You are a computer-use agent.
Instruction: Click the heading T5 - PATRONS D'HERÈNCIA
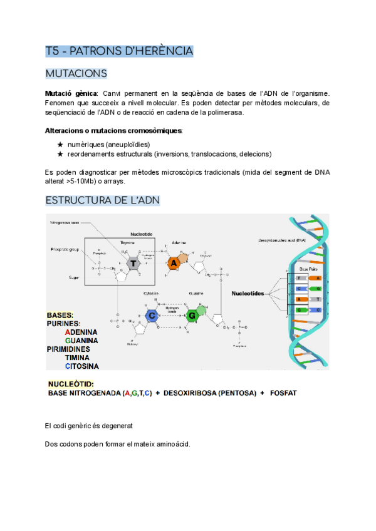[x=119, y=51]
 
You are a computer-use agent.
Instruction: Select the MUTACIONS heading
[x=76, y=74]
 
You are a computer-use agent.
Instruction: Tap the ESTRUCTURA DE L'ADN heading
[x=102, y=200]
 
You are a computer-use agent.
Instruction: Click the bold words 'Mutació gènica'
[x=67, y=93]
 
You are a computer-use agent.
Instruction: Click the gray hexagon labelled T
[x=133, y=264]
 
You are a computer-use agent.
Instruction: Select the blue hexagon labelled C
[x=151, y=316]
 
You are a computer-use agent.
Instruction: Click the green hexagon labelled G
[x=193, y=316]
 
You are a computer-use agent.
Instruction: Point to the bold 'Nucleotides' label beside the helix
[x=249, y=292]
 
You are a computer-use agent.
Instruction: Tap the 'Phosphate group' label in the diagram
[x=64, y=249]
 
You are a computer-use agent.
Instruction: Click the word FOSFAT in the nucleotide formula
[x=283, y=393]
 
